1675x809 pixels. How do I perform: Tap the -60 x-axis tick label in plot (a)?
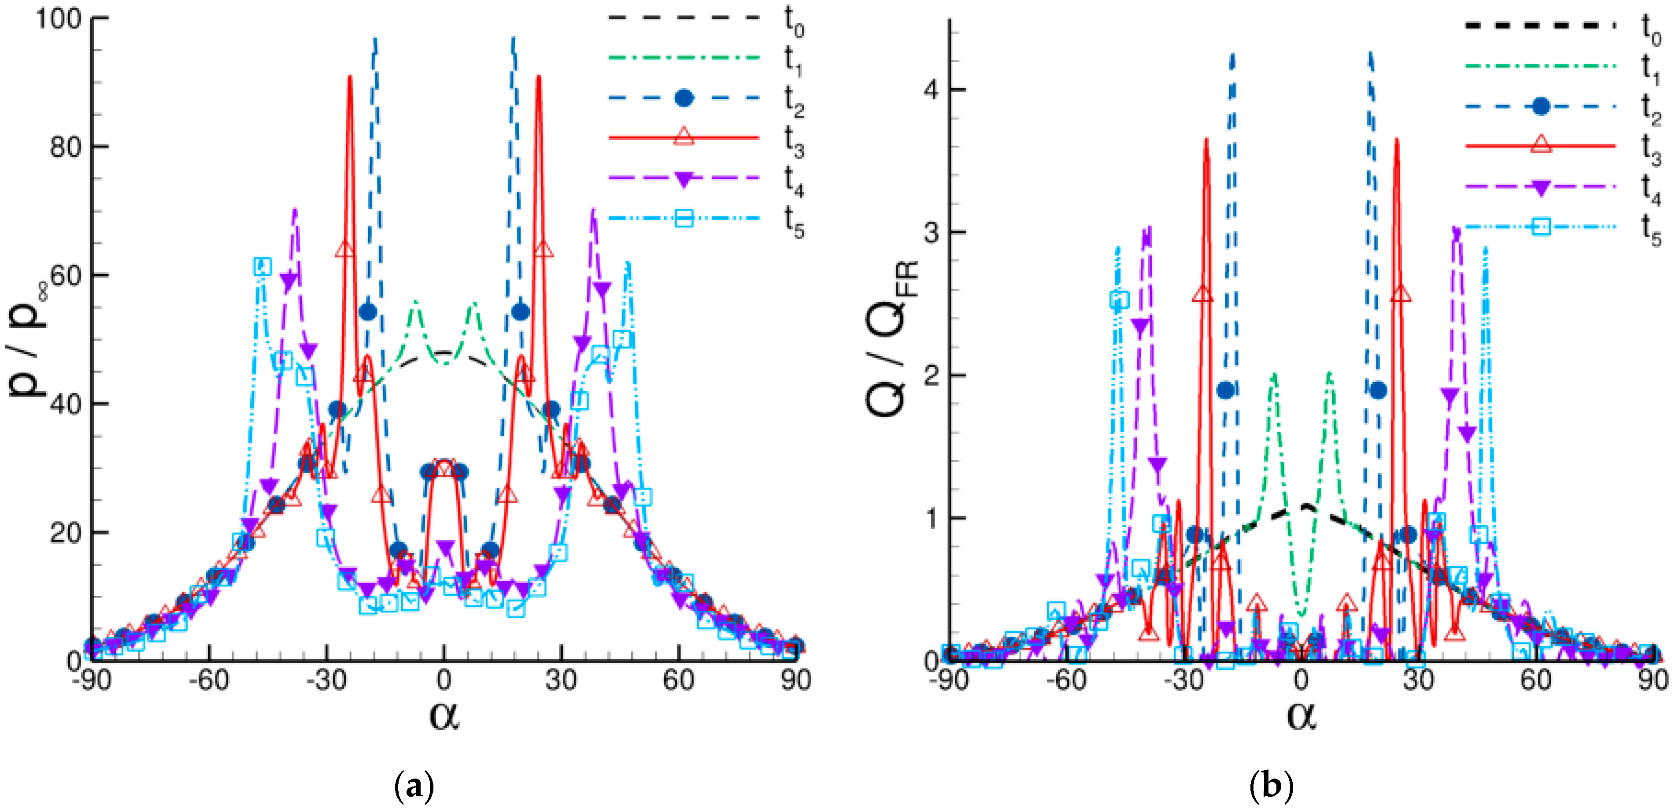[x=209, y=680]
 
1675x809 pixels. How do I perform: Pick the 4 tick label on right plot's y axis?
[x=931, y=90]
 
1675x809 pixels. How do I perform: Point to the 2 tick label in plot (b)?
[x=931, y=375]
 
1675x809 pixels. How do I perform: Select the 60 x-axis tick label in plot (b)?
[x=1535, y=680]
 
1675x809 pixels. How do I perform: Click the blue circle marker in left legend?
[x=684, y=98]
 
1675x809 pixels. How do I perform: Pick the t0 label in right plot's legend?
[x=1650, y=29]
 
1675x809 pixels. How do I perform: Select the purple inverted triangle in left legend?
[x=684, y=179]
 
